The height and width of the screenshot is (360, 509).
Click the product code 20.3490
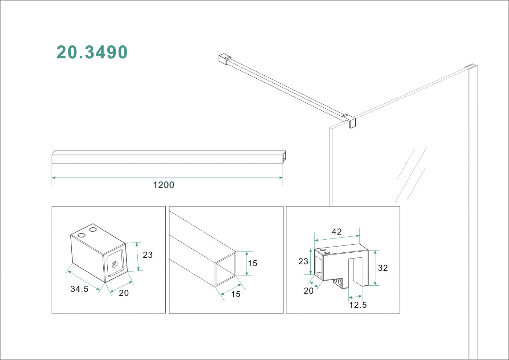92,52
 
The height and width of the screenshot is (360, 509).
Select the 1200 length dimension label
164,185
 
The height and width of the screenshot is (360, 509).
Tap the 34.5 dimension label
79,289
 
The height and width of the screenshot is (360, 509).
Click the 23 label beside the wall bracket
148,255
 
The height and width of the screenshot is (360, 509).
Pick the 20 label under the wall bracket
124,293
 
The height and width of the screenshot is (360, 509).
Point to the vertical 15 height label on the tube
253,263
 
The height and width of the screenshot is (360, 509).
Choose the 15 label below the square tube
236,294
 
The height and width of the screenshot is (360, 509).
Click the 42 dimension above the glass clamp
337,232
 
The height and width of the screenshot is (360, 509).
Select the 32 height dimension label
383,268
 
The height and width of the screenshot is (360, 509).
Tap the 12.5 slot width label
358,305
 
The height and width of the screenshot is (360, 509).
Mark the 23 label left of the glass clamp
303,261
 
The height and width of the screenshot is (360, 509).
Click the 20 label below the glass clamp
309,291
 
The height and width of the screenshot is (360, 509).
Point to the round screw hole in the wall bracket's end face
115,264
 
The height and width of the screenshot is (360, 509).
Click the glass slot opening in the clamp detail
355,272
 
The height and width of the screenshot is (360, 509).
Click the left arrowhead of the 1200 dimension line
54,178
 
